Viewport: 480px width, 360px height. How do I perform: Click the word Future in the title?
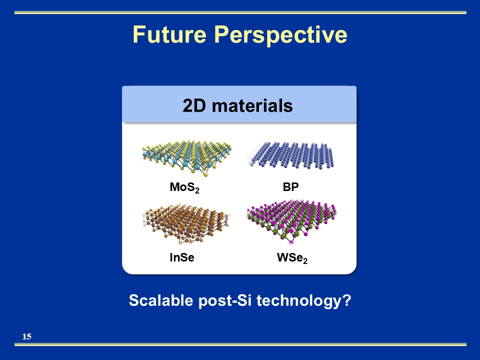[x=169, y=34]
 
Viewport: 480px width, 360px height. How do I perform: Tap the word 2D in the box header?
[x=194, y=105]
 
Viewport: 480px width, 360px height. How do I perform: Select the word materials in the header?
[x=252, y=105]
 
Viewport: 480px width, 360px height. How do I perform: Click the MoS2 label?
[x=184, y=187]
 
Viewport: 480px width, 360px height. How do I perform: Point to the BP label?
[x=291, y=186]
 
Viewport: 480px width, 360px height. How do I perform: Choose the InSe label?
[x=182, y=257]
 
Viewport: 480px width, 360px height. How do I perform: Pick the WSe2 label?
[x=292, y=258]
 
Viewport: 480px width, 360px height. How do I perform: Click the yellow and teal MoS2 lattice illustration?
[x=186, y=157]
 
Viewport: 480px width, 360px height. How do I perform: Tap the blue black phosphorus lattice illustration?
[x=291, y=155]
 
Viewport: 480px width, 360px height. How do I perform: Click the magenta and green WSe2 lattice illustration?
[x=291, y=221]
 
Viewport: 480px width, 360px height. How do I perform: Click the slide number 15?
[x=27, y=336]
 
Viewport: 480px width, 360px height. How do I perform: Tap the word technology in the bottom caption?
[x=300, y=301]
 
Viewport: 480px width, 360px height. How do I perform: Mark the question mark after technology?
[x=347, y=300]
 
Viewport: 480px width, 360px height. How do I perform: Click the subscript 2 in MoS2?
[x=197, y=190]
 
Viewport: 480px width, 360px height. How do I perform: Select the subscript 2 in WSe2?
[x=305, y=261]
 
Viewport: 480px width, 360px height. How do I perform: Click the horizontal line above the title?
[x=240, y=12]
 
